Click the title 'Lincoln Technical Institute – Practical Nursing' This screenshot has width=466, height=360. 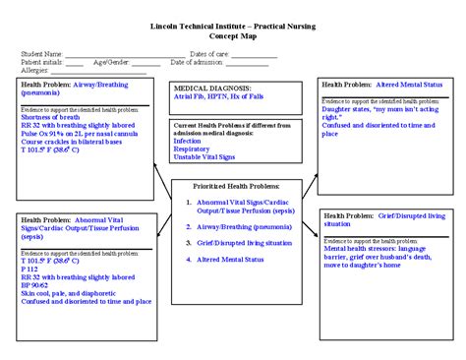coord(232,26)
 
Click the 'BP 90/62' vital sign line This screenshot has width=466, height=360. coord(36,285)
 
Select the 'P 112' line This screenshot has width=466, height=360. coord(30,270)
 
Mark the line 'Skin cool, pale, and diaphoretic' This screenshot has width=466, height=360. coord(71,293)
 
